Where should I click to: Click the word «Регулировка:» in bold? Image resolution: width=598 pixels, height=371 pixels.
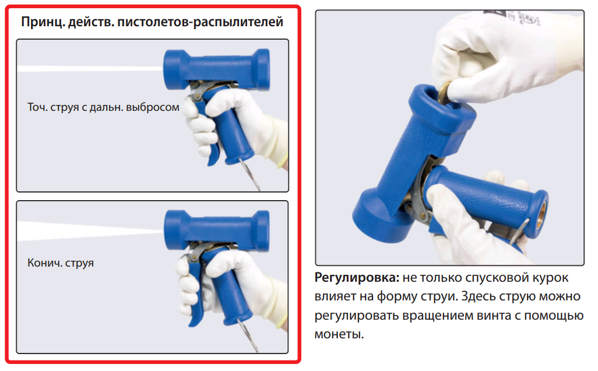pos(357,278)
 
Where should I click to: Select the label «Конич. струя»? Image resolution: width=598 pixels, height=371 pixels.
pos(61,263)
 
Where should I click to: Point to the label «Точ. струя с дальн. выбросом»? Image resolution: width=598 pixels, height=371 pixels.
pos(103,107)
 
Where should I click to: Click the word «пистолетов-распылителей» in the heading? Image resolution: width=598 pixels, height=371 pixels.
pos(200,22)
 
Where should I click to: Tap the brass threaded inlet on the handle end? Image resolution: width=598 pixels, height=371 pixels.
pos(542,209)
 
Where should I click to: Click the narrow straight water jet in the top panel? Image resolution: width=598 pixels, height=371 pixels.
pos(90,69)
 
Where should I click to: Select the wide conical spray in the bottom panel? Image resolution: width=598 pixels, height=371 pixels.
pos(90,230)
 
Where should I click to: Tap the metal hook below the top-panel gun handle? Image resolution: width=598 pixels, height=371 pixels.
pos(250,174)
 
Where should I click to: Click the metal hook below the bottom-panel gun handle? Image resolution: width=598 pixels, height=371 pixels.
pos(248,335)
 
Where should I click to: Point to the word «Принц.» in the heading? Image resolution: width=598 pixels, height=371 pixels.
pos(43,22)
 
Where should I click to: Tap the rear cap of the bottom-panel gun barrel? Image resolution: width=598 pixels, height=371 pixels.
pos(263,231)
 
